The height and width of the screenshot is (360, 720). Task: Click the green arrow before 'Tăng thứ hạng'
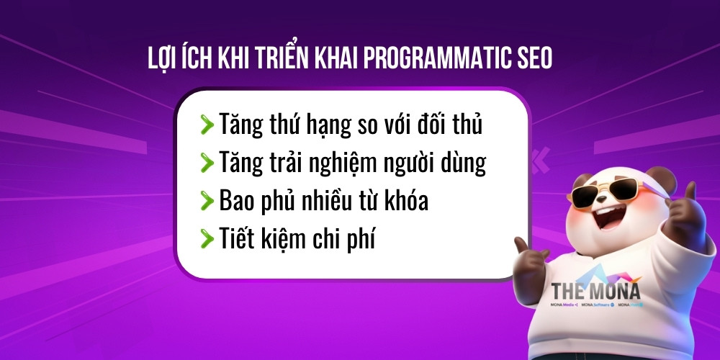207,125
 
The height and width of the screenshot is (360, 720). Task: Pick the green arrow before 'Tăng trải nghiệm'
207,163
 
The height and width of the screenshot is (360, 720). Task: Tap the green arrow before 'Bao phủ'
207,200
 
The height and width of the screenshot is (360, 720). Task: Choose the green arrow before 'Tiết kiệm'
207,238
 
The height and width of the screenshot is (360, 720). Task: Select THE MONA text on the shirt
595,291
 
